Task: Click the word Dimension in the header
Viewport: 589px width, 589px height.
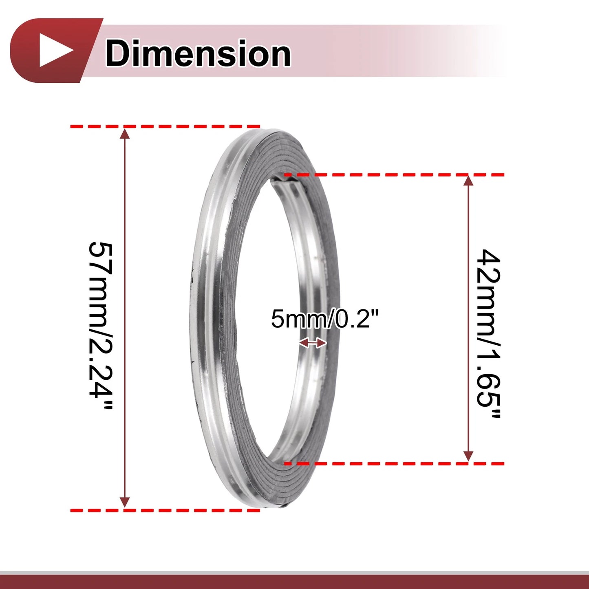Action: [x=198, y=53]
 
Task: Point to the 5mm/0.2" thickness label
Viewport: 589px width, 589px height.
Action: [x=325, y=318]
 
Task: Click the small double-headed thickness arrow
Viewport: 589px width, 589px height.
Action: [x=313, y=343]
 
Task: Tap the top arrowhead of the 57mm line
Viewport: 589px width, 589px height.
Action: [x=124, y=134]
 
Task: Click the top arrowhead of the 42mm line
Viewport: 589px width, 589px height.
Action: [x=468, y=181]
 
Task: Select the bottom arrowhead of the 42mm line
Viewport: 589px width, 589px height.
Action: [x=468, y=456]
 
